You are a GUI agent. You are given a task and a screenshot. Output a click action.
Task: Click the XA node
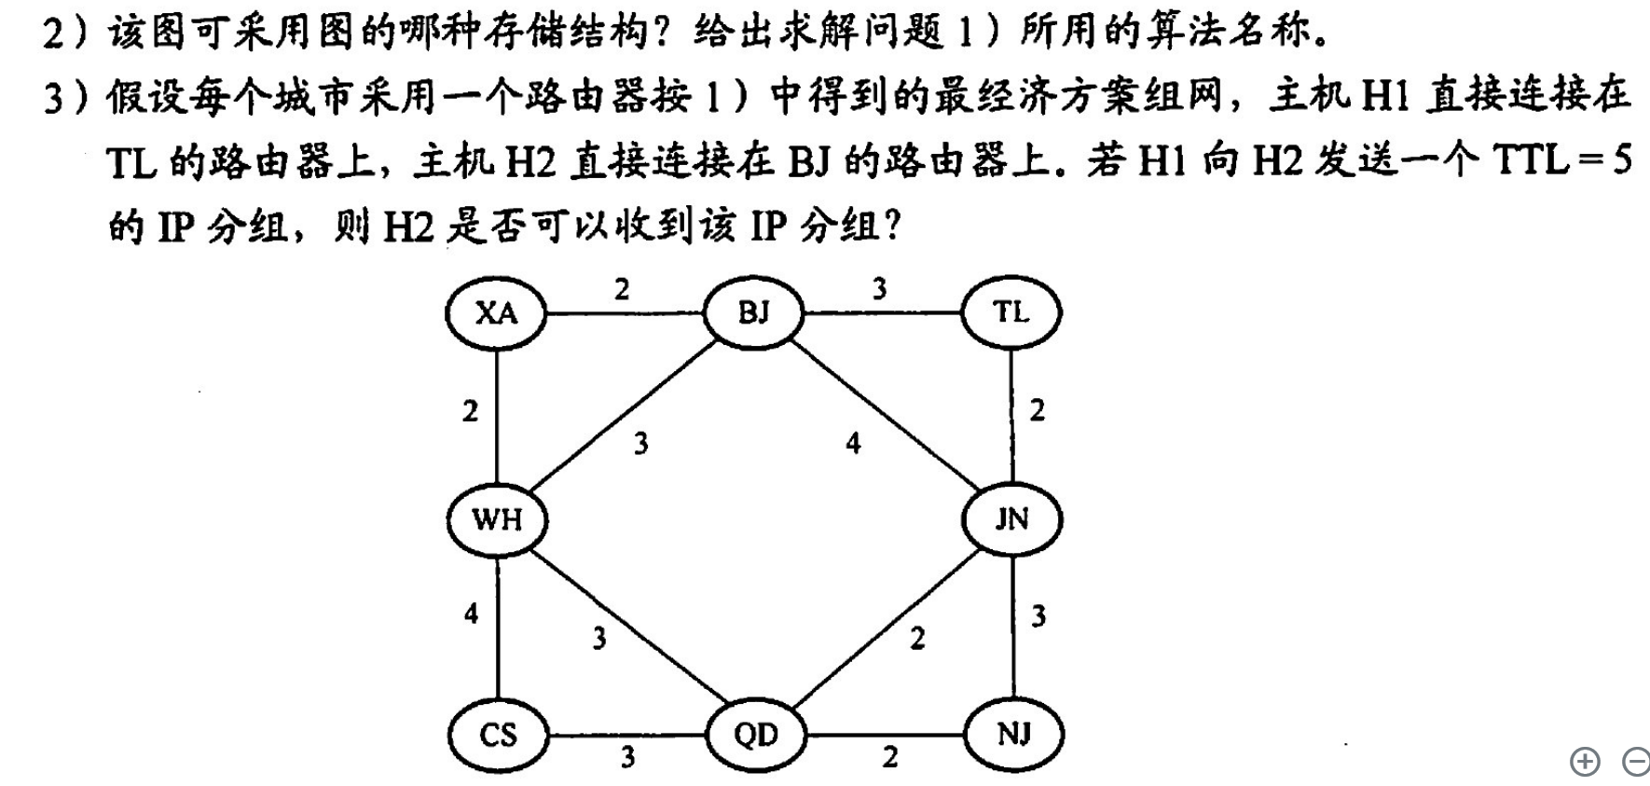point(496,312)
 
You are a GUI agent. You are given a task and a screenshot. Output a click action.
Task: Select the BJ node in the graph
point(753,312)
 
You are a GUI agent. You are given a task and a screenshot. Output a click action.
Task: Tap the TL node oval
point(1011,312)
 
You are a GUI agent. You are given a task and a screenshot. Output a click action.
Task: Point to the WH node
point(497,519)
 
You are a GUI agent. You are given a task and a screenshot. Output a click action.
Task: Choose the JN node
point(1011,519)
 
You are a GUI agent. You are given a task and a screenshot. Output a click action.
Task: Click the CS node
point(498,735)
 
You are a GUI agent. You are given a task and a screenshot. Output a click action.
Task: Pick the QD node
point(755,735)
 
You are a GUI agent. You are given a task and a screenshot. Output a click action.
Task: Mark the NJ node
point(1013,735)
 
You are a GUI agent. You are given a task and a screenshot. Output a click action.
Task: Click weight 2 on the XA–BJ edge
point(622,290)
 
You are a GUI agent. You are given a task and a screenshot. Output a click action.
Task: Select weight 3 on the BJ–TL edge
point(879,290)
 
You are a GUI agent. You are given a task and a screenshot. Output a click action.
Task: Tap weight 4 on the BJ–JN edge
point(853,444)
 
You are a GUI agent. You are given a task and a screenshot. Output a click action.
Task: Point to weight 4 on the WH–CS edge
point(471,614)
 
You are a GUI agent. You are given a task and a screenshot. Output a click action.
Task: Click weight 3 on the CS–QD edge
point(628,757)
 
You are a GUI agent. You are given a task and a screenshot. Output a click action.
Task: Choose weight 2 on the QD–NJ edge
point(890,757)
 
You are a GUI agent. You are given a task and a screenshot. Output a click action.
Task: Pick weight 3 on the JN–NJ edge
point(1038,616)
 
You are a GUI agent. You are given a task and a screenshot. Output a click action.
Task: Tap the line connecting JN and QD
point(886,627)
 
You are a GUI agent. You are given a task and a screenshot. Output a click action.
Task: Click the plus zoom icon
point(1584,762)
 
